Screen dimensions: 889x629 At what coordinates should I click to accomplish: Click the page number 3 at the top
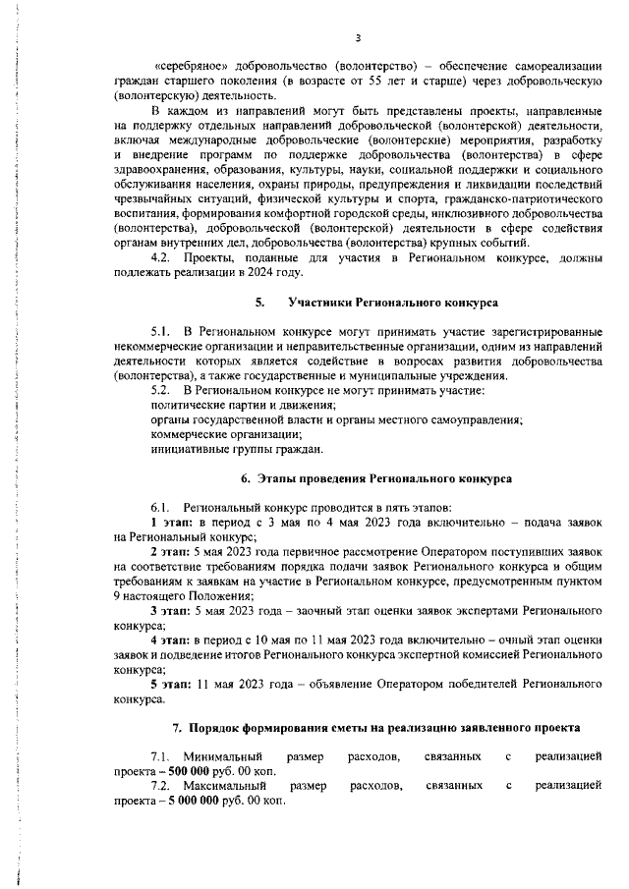pos(359,38)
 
